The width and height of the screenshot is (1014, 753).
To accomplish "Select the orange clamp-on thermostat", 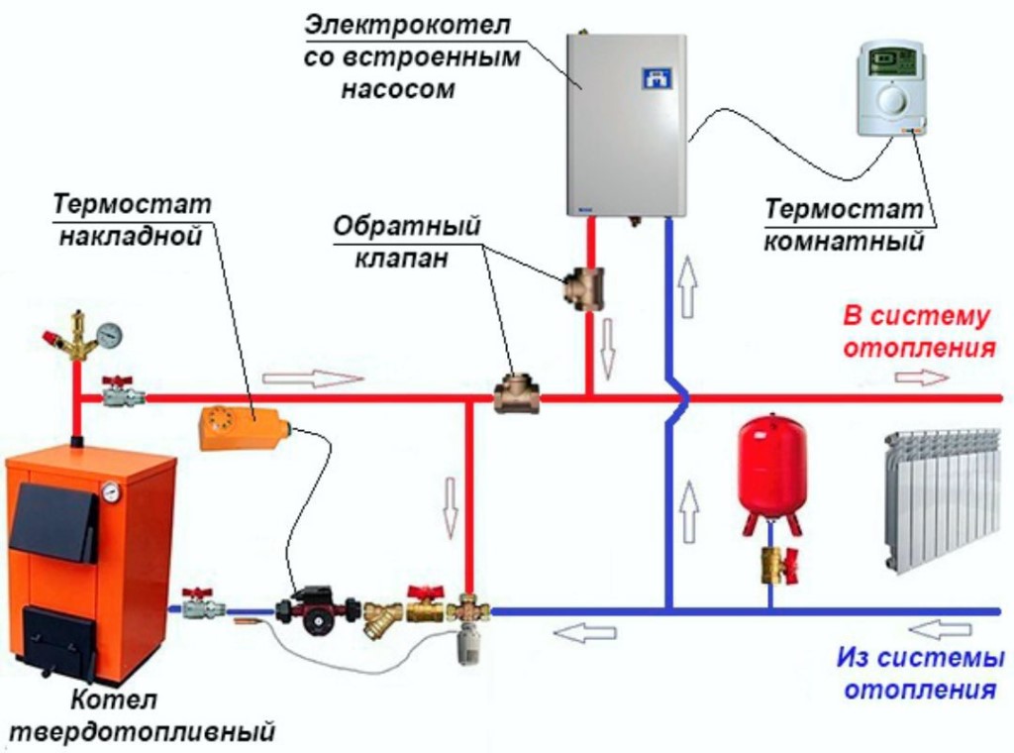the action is [x=245, y=427].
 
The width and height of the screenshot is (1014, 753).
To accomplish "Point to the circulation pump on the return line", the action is [x=317, y=610].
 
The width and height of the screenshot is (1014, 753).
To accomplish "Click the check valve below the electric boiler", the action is [x=583, y=288].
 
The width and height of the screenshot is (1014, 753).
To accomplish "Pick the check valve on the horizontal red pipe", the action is [x=517, y=394].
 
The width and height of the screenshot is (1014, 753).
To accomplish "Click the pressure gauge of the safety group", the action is [x=110, y=334].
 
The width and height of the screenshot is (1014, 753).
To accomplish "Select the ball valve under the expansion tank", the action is [x=777, y=565].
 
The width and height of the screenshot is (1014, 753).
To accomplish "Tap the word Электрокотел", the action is [x=407, y=26].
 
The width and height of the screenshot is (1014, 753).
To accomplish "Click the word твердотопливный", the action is [x=143, y=731].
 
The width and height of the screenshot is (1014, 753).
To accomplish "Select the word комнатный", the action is [x=844, y=241].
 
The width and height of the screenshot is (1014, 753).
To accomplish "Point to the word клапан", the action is [x=401, y=258].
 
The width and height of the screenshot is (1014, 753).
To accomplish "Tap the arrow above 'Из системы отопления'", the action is [x=939, y=629].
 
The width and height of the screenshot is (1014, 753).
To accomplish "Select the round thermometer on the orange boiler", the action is [x=111, y=491].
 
